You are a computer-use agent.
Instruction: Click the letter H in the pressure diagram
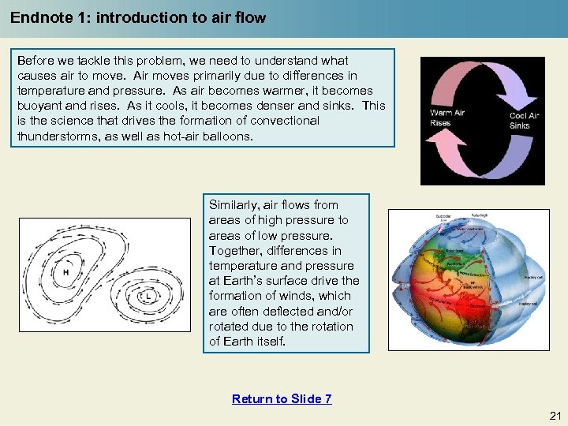pos(65,272)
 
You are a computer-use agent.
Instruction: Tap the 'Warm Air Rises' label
pos(447,118)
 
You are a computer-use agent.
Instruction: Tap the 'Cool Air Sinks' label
pos(524,121)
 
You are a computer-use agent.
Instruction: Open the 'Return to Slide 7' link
pos(282,398)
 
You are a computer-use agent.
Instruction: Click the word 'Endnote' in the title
pos(38,17)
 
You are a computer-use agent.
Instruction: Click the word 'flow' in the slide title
pos(251,17)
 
